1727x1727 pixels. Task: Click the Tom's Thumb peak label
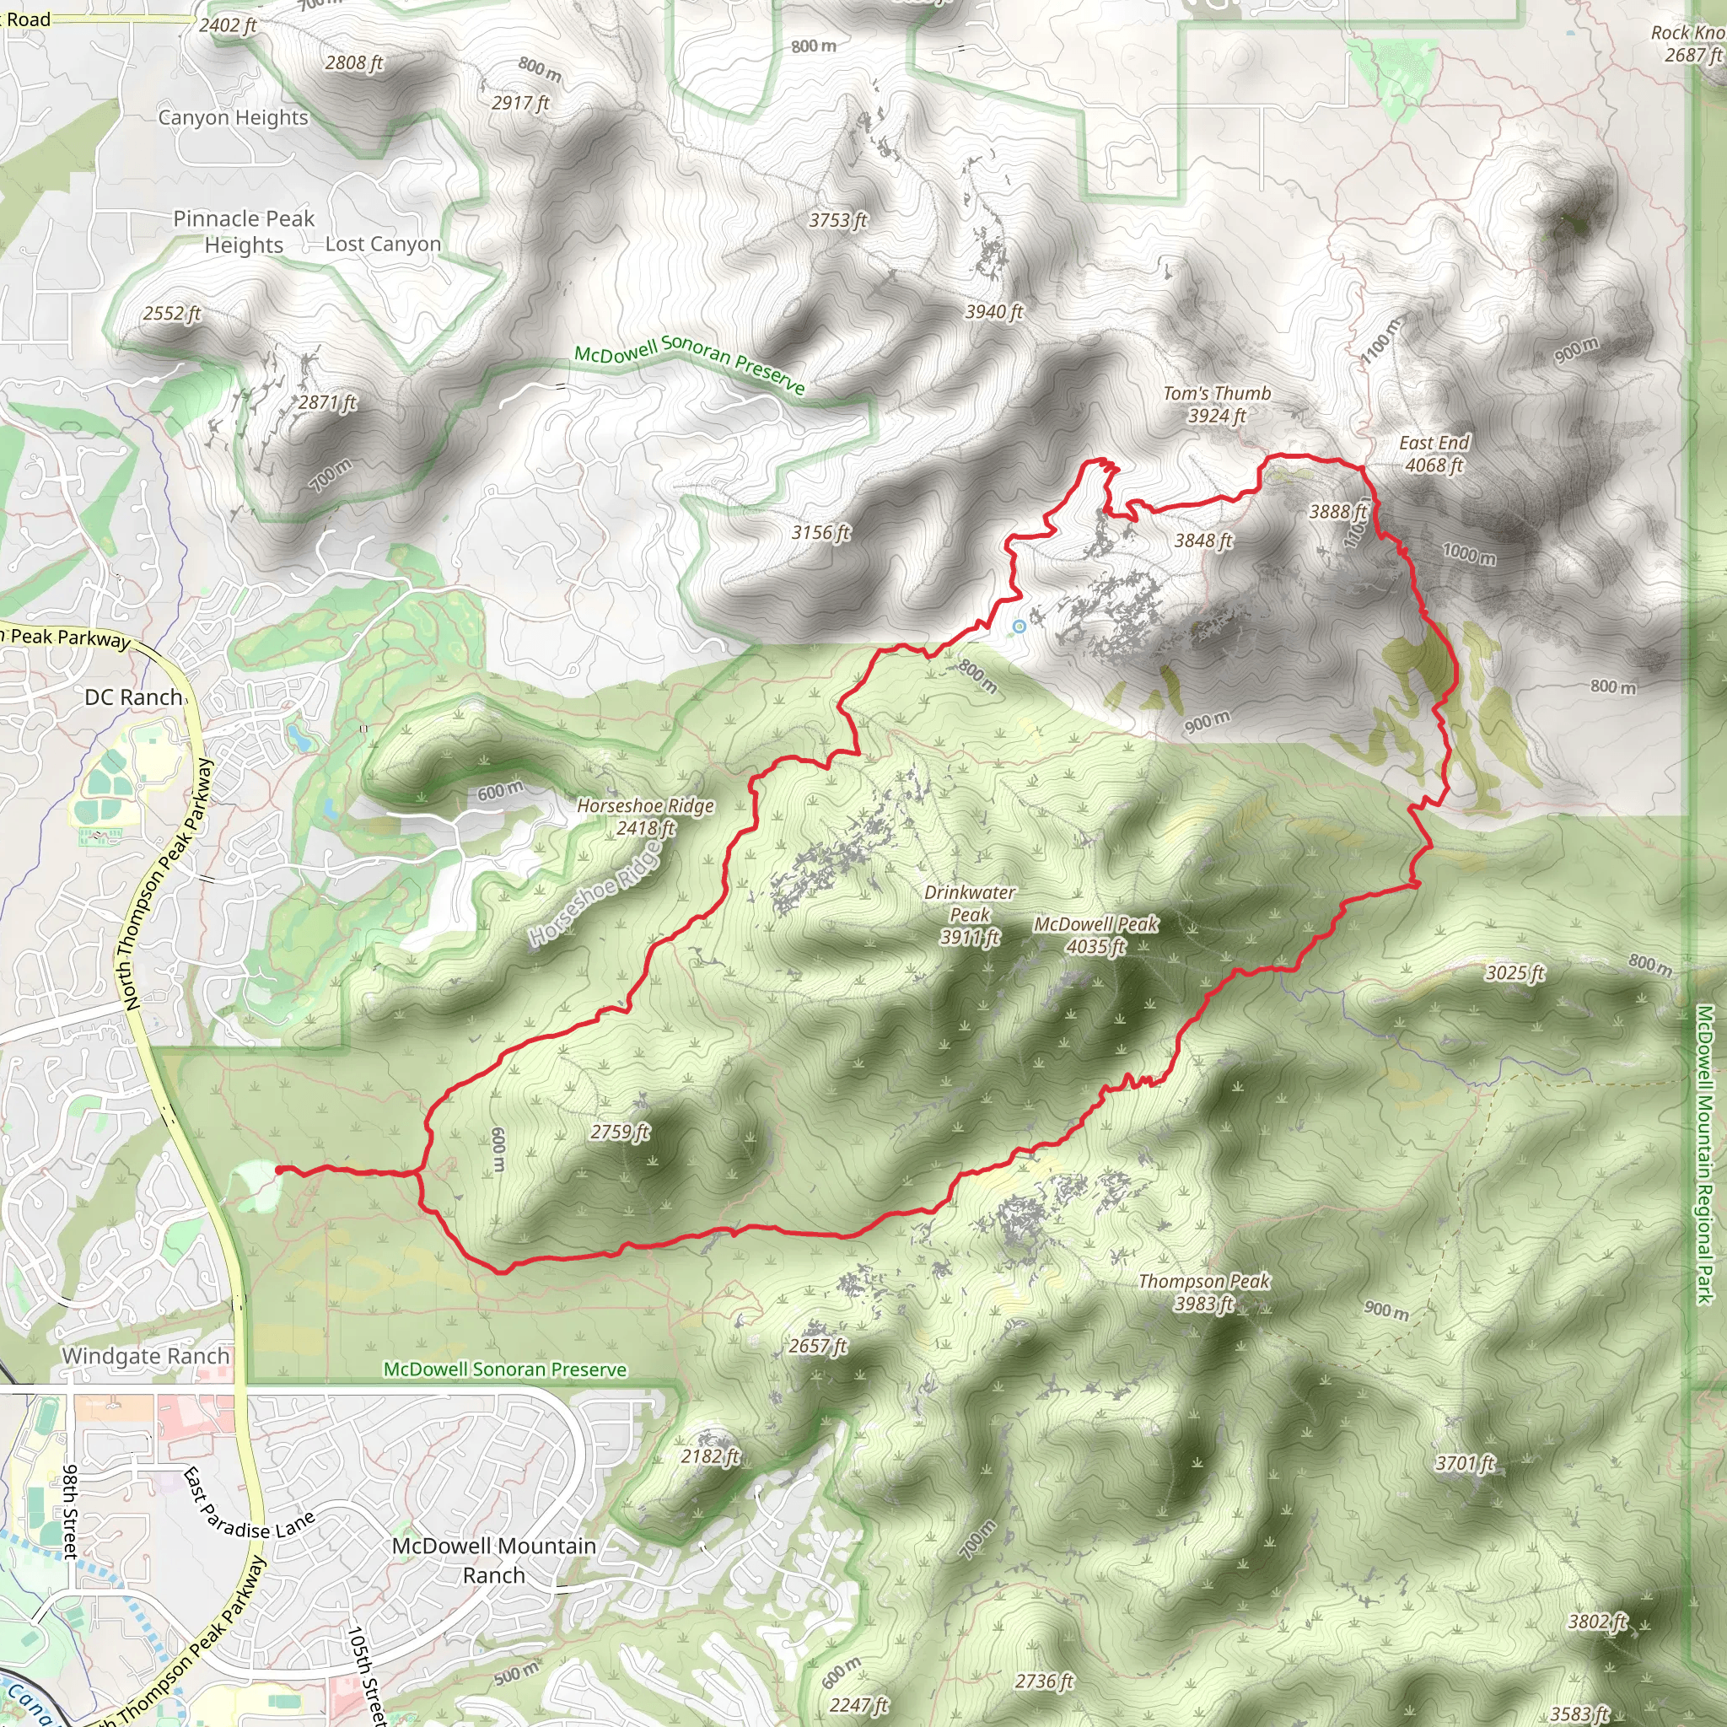tap(1217, 404)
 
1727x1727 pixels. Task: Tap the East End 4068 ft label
tap(1434, 453)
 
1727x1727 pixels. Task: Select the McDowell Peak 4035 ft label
tap(1096, 935)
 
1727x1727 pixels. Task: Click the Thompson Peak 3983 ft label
tap(1203, 1292)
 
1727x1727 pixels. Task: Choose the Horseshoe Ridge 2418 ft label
tap(644, 816)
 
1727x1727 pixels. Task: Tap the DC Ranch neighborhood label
tap(133, 697)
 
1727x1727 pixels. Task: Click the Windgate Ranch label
tap(146, 1356)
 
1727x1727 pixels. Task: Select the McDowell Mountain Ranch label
tap(493, 1560)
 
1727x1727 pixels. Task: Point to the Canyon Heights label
tap(233, 117)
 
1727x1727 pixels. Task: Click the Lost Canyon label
tap(383, 244)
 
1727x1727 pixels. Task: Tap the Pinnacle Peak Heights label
tap(243, 232)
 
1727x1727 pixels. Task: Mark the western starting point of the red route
tap(280, 1170)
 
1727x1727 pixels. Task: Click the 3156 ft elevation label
tap(820, 533)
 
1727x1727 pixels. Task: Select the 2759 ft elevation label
tap(620, 1132)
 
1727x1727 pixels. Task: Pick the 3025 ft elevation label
tap(1514, 972)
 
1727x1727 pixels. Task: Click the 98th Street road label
tap(71, 1510)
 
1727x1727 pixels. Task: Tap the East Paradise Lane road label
tap(248, 1504)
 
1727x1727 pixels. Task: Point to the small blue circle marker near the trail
tap(1019, 627)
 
